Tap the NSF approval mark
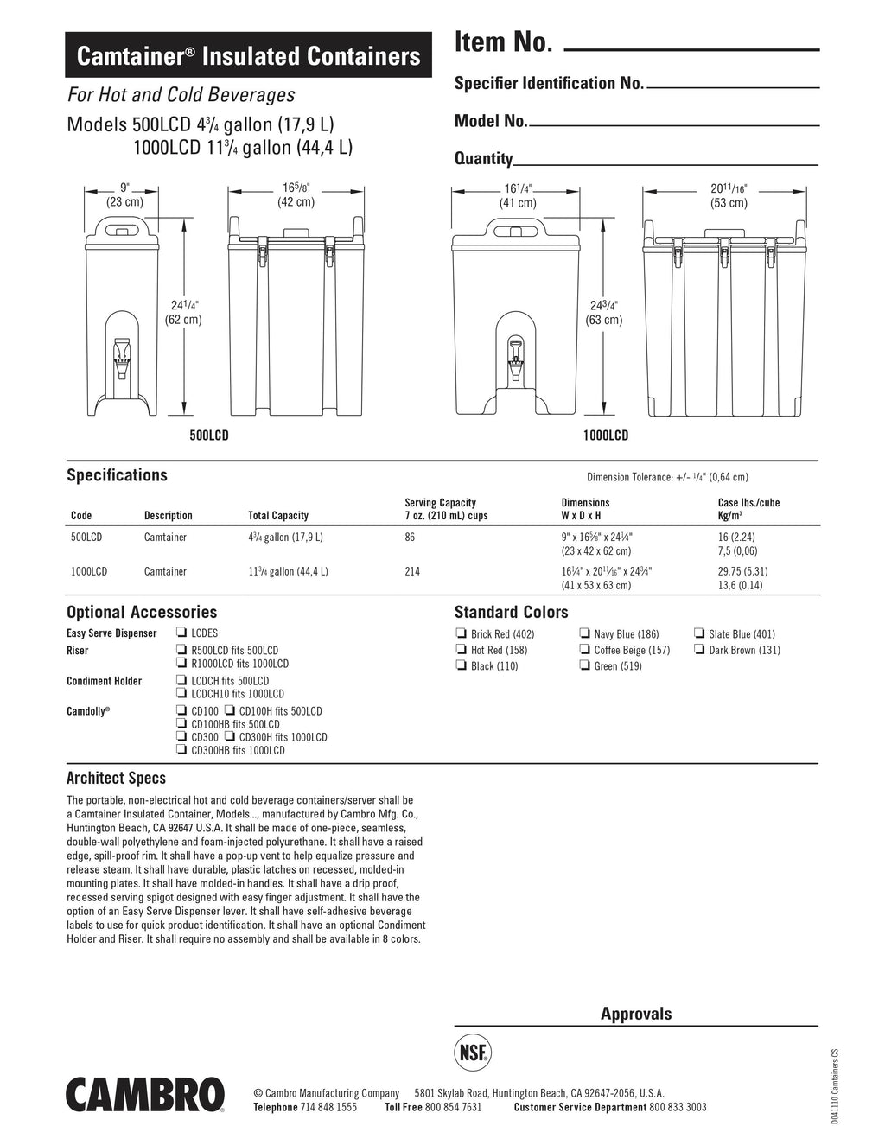coord(472,1054)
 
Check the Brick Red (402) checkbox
coord(461,634)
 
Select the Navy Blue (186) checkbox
coord(585,634)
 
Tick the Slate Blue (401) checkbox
coord(700,634)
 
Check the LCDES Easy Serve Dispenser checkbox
coord(181,633)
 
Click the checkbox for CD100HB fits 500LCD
coord(181,724)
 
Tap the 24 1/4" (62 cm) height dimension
coord(183,312)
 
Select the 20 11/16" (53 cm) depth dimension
coord(729,195)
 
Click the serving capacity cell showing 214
coord(413,571)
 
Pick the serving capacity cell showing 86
coord(410,537)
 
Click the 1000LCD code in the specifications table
coord(88,571)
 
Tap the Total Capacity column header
coord(278,516)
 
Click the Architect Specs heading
coord(116,779)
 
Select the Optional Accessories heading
coord(142,613)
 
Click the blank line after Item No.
coord(691,50)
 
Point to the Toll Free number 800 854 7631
coord(454,1107)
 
